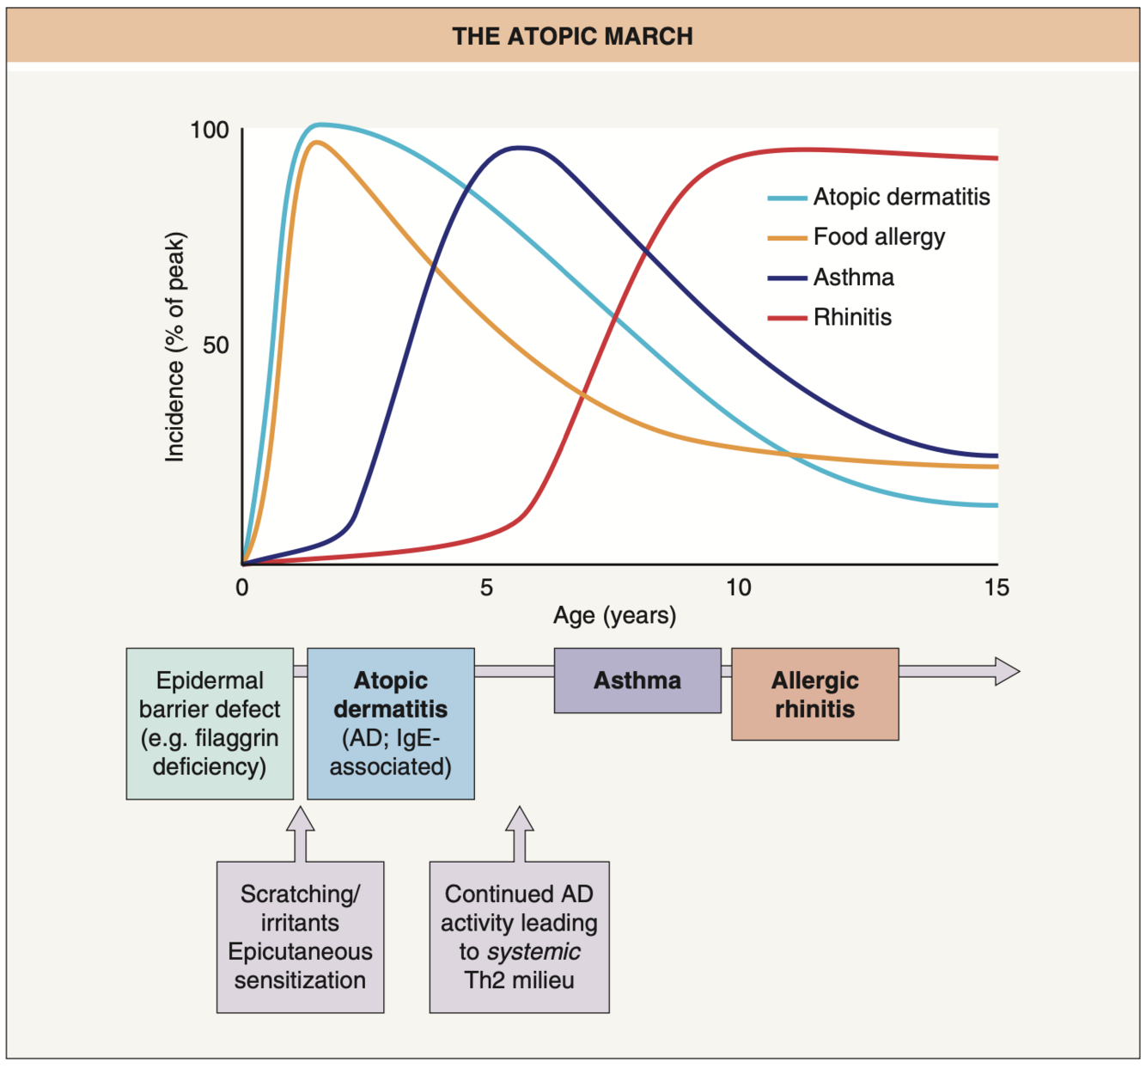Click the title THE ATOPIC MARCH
tap(572, 36)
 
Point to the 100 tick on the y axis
tap(210, 130)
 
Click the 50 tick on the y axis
tap(216, 345)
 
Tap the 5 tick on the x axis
tap(486, 588)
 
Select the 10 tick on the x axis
tap(738, 588)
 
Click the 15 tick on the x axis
tap(997, 588)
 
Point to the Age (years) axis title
tap(614, 615)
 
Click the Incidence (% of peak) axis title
tap(175, 346)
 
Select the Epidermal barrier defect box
tap(210, 723)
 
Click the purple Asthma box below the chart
tap(637, 680)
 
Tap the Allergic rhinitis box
tap(814, 694)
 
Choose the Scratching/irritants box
tap(300, 937)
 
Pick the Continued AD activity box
tap(519, 937)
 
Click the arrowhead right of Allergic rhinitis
tap(1006, 671)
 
